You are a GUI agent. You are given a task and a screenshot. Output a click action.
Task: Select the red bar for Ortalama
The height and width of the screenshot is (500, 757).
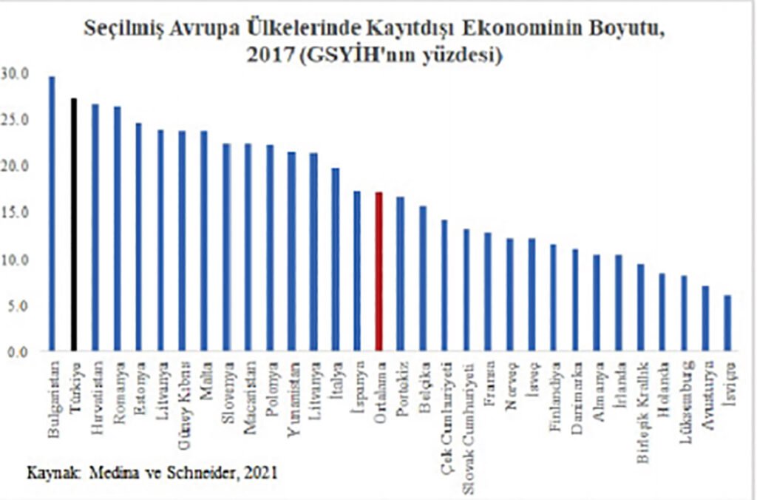[x=379, y=271]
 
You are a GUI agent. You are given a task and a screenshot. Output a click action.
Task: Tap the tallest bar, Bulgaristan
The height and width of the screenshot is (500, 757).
[x=52, y=214]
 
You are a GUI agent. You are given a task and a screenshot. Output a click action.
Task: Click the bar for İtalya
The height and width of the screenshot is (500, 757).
[x=336, y=260]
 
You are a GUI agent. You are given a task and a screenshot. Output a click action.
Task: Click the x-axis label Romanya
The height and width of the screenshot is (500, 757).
[x=118, y=383]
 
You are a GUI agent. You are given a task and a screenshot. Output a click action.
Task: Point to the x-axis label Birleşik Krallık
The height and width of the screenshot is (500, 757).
[x=641, y=395]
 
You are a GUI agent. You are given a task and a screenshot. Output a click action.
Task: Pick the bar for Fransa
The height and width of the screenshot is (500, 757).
[x=489, y=291]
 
